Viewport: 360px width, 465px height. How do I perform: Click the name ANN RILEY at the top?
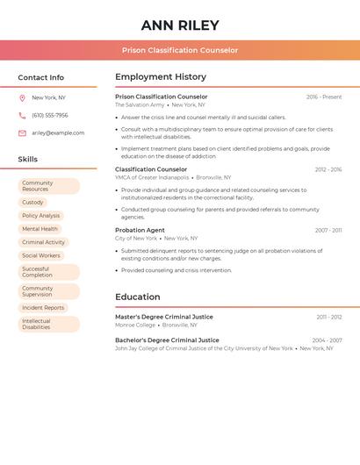click(x=180, y=25)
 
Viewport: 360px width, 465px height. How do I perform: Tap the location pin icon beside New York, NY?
click(x=22, y=98)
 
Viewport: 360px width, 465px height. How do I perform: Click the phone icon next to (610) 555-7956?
click(x=22, y=116)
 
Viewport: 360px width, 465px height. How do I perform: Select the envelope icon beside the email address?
click(x=22, y=133)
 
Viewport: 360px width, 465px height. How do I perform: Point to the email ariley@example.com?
click(x=58, y=133)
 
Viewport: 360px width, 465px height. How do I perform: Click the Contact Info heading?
click(x=41, y=77)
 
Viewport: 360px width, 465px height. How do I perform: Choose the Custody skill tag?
click(x=32, y=203)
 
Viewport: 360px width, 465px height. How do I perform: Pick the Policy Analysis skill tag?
click(x=41, y=216)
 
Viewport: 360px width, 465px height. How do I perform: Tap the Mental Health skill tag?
click(x=40, y=229)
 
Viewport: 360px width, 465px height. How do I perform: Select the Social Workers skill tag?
click(x=41, y=255)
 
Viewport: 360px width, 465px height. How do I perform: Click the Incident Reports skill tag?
click(x=43, y=308)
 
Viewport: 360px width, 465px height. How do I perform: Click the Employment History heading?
click(x=161, y=77)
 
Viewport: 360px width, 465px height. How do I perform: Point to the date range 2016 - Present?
click(x=324, y=97)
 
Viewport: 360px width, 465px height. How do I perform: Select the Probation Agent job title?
click(x=140, y=230)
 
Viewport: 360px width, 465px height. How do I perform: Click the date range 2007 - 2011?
click(x=328, y=231)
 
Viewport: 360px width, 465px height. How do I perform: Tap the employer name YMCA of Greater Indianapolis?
click(x=152, y=177)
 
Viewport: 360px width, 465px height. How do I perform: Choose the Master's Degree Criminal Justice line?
click(x=164, y=317)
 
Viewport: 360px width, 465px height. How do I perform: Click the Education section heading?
click(x=138, y=297)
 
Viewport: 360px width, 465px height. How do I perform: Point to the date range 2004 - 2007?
click(x=327, y=340)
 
